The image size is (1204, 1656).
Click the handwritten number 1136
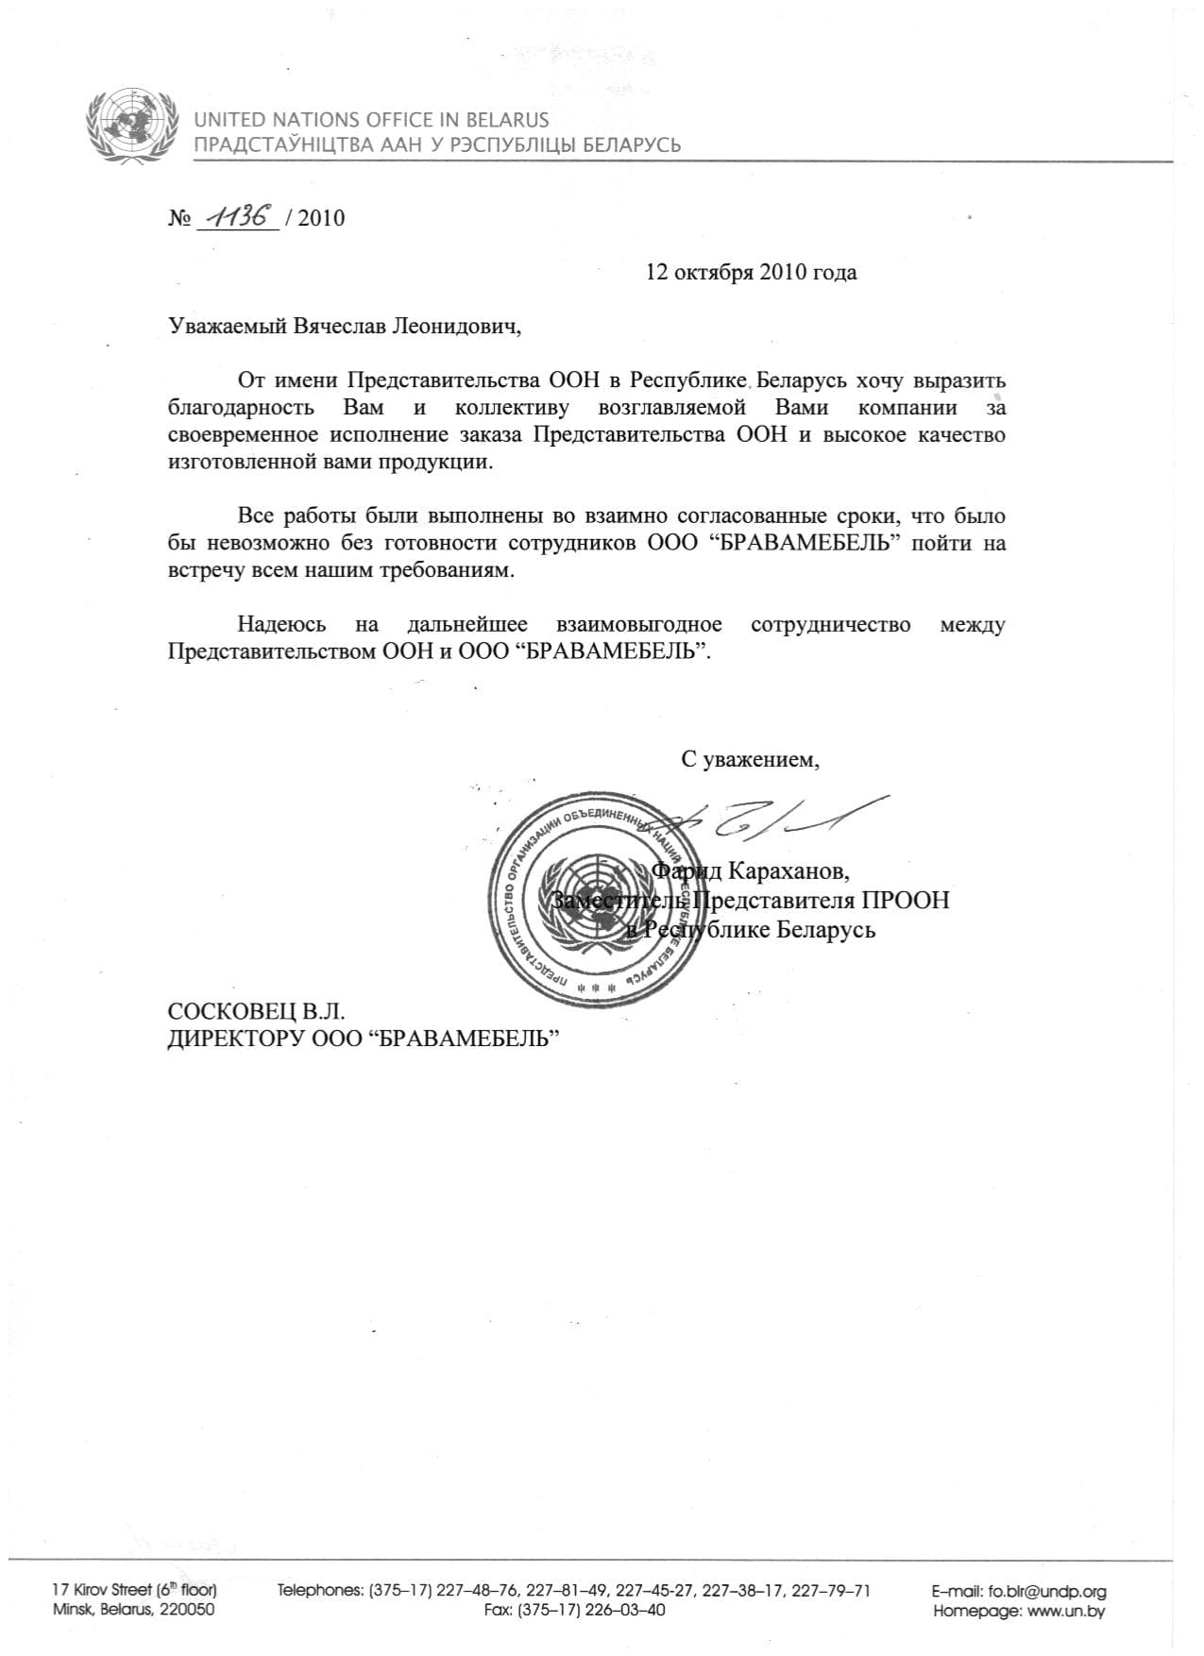pos(237,216)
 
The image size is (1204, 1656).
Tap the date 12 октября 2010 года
pos(751,273)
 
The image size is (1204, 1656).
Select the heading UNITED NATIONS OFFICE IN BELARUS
pos(371,120)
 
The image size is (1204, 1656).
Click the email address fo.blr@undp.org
pos(1046,1591)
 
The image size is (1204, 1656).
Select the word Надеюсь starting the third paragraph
pos(281,625)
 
